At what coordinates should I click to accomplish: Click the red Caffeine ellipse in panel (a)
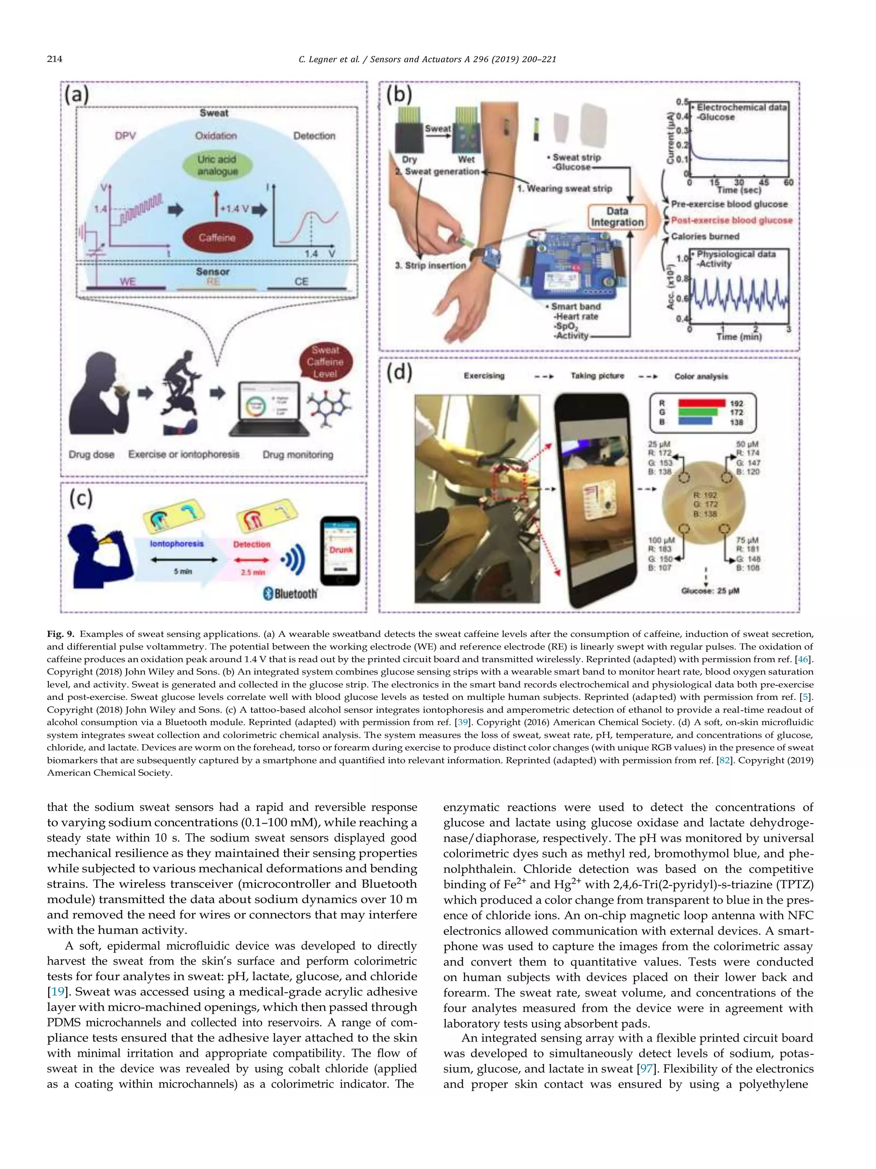217,238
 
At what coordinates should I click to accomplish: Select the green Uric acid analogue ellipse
217,165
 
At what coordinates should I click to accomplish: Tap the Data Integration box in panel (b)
617,217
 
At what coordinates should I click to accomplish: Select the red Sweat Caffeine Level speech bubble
325,362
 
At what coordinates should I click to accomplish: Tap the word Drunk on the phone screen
340,550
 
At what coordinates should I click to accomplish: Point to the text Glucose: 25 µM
710,591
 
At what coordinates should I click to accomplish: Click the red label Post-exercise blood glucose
731,220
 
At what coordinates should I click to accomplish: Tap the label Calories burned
705,236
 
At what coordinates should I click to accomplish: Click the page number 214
54,59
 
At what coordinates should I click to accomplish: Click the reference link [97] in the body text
646,1068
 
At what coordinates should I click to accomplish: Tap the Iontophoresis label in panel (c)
176,544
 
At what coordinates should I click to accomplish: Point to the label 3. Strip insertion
430,265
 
